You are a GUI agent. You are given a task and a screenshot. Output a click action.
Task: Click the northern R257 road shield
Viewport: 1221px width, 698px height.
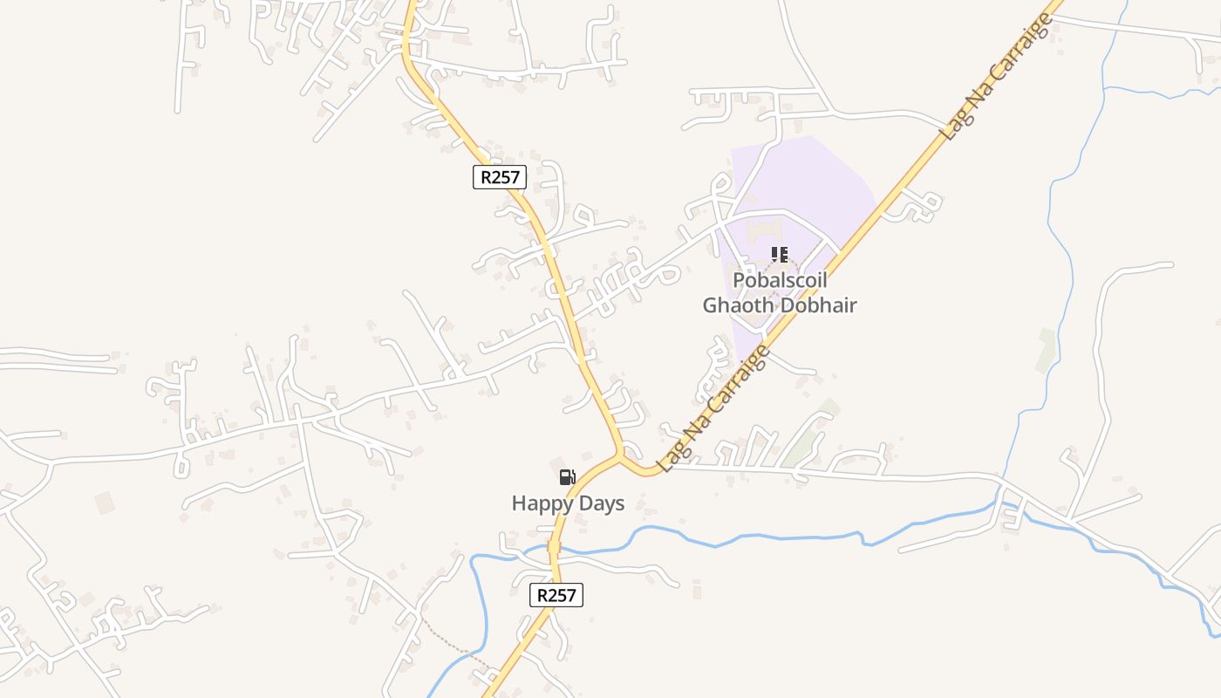click(501, 177)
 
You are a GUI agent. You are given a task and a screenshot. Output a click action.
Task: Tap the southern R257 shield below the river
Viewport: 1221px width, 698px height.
click(556, 595)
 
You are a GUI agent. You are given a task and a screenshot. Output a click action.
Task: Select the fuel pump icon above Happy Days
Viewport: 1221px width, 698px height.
click(567, 476)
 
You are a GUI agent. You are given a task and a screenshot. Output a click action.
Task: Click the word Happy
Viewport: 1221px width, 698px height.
click(541, 503)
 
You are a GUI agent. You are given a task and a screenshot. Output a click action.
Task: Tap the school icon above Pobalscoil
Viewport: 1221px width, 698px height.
click(779, 255)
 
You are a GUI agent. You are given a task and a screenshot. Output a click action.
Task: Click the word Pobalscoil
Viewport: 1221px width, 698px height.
click(780, 281)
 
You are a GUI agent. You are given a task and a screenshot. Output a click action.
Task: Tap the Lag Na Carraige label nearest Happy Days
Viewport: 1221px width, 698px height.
click(714, 408)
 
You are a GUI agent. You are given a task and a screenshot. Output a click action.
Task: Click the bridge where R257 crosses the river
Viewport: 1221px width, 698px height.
click(553, 549)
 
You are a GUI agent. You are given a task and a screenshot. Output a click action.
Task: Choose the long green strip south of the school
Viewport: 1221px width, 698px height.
click(807, 436)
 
